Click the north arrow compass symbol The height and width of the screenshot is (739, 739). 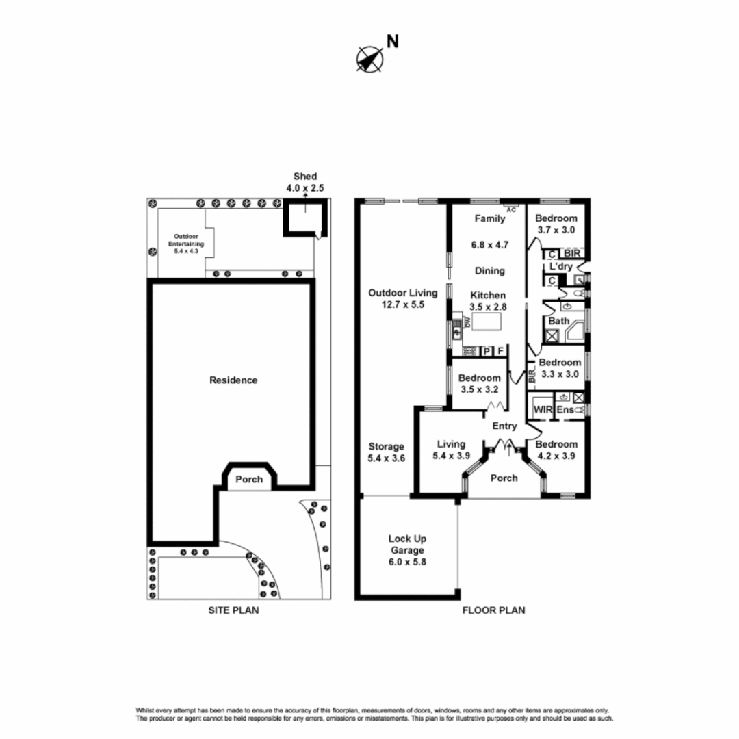370,59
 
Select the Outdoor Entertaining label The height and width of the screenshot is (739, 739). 182,242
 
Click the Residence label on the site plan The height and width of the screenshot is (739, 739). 233,380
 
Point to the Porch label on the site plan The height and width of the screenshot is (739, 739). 249,479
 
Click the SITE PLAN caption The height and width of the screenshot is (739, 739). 233,610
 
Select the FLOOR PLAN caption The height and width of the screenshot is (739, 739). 493,610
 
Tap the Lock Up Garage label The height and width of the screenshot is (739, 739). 406,550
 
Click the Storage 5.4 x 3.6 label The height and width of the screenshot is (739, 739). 387,453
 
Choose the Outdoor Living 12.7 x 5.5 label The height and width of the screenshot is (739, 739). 402,299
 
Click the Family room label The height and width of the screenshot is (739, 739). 490,219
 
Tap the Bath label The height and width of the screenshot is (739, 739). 558,320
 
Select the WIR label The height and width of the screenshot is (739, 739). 542,409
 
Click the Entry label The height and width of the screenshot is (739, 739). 504,426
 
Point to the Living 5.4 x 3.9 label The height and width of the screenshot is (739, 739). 450,450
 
